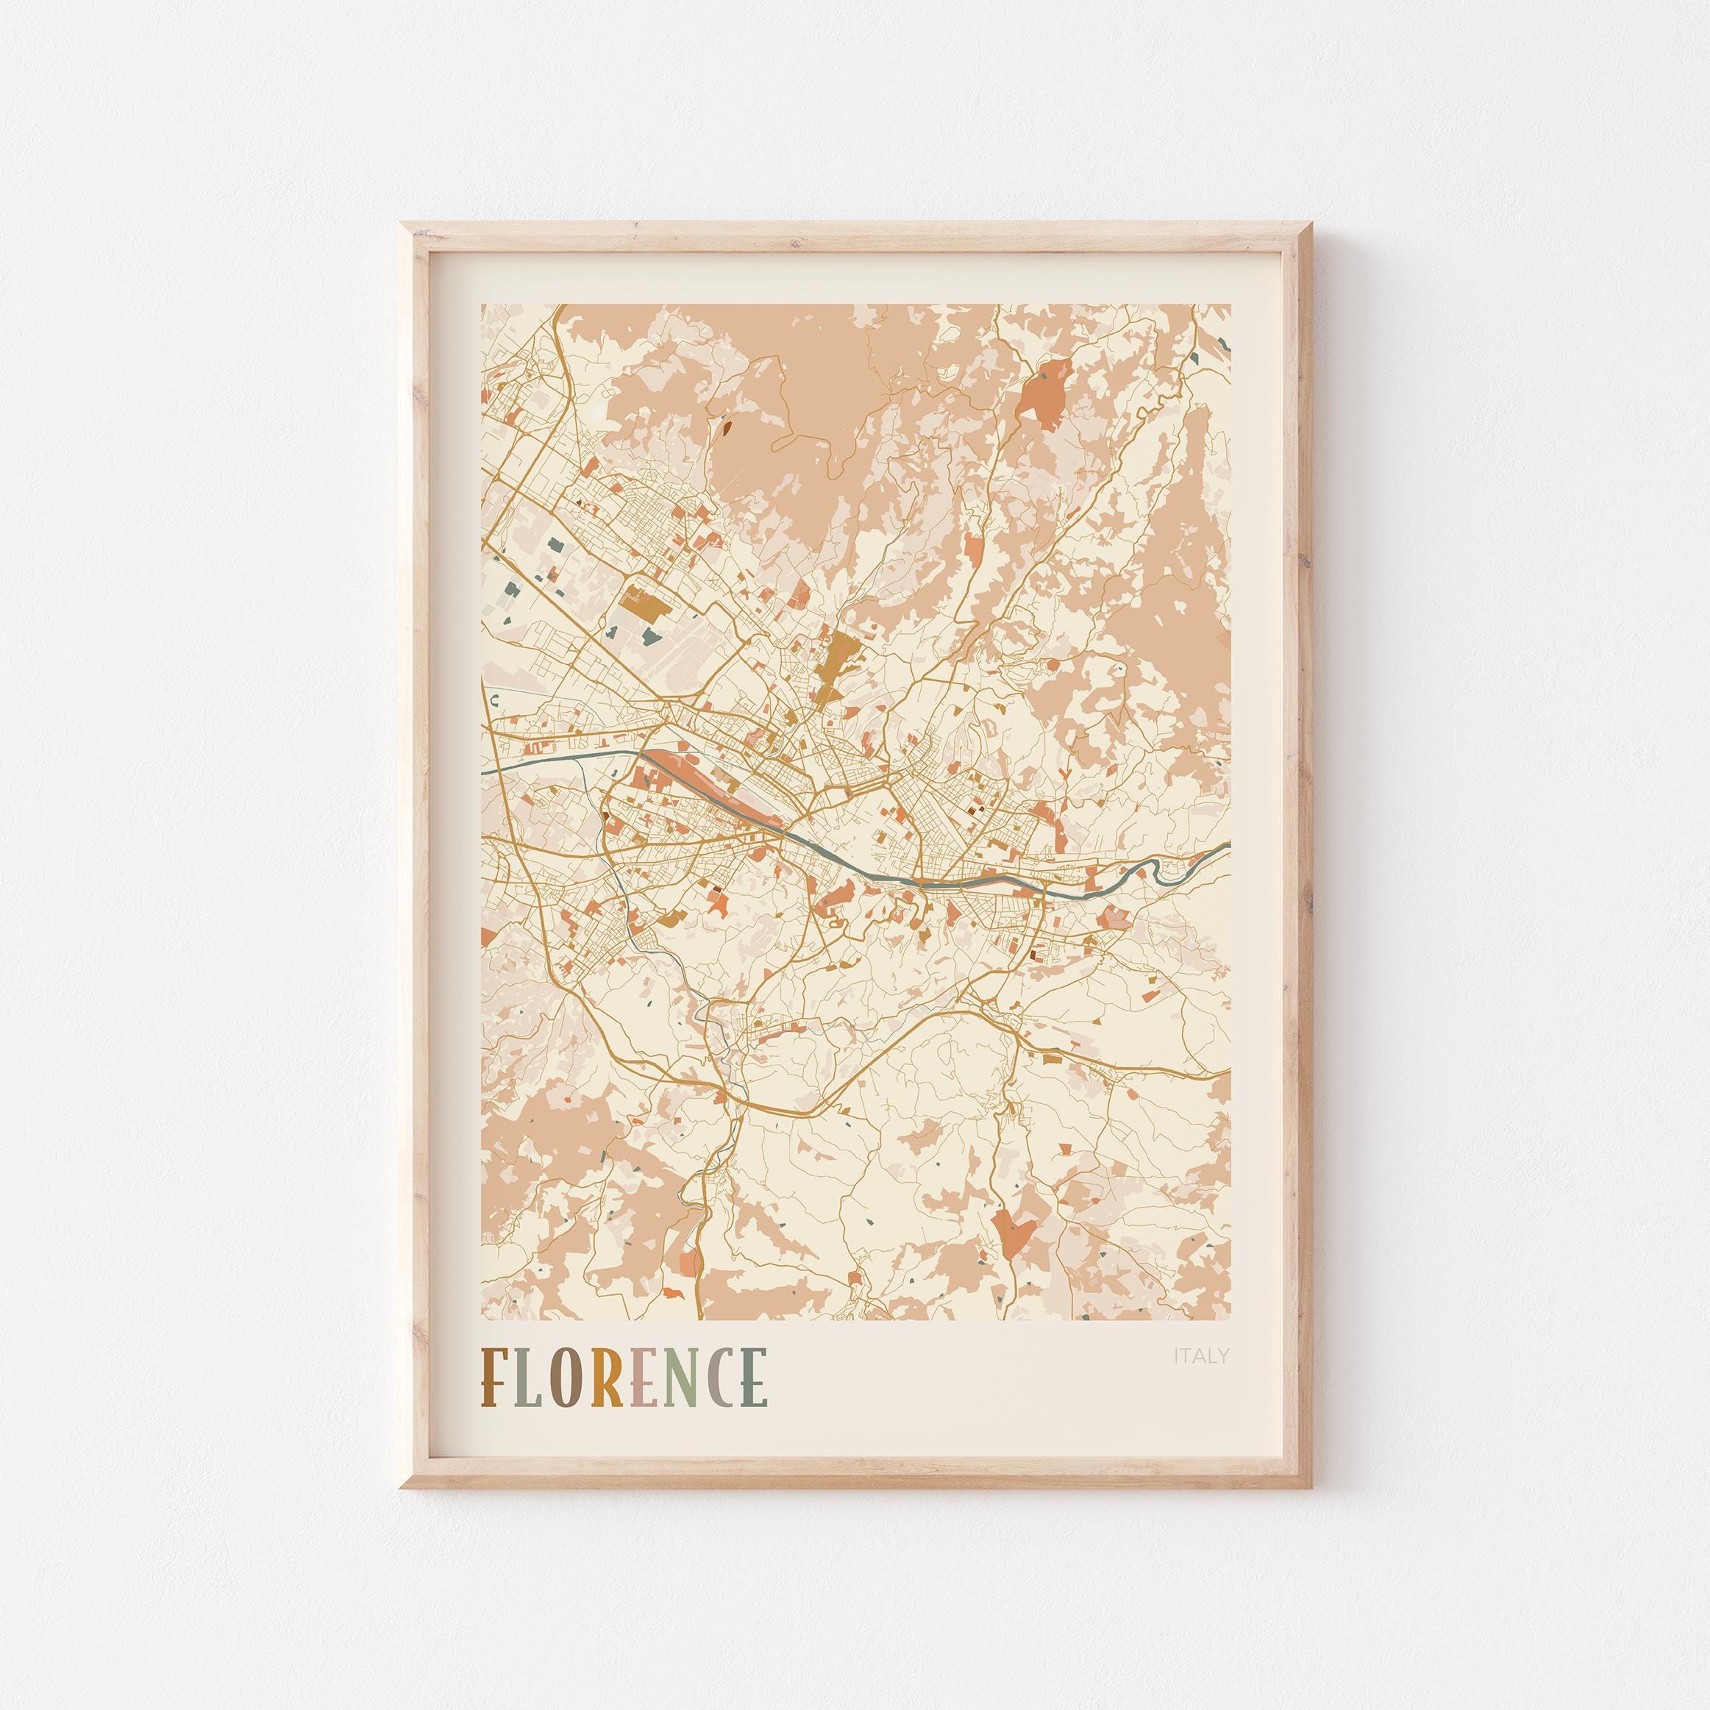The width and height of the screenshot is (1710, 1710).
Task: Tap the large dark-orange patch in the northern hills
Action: point(1043,399)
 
